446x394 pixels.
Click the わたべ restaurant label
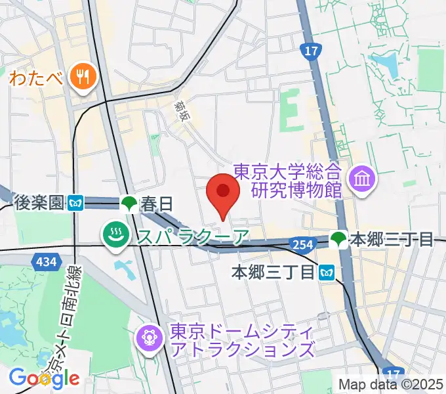pyautogui.click(x=36, y=77)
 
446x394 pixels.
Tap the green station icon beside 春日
pyautogui.click(x=129, y=203)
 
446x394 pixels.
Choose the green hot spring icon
pyautogui.click(x=116, y=234)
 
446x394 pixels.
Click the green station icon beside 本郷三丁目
pyautogui.click(x=338, y=239)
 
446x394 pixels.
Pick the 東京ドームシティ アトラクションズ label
pyautogui.click(x=241, y=340)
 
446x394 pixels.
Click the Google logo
pyautogui.click(x=44, y=378)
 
